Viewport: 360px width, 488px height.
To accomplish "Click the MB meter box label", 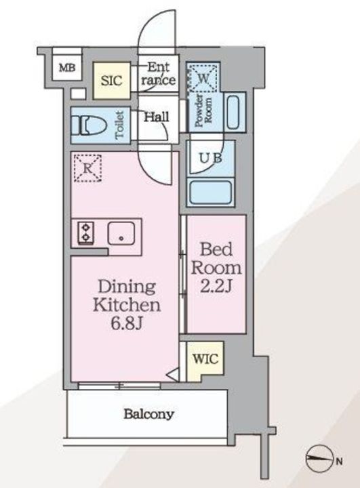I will point(66,67).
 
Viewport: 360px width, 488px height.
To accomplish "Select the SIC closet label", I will point(111,81).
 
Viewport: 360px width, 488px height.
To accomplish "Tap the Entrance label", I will point(162,74).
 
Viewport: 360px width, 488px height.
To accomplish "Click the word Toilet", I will point(119,125).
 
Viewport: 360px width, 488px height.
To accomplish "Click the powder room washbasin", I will point(233,112).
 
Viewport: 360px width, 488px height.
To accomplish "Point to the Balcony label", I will point(148,413).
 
